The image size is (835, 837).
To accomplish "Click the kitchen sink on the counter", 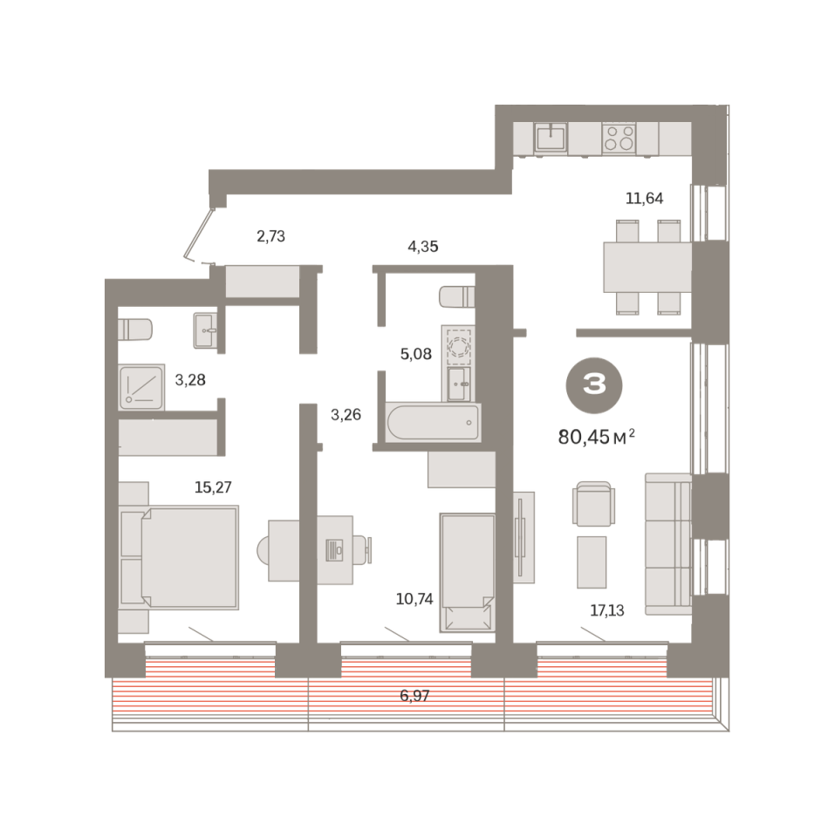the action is pyautogui.click(x=551, y=137).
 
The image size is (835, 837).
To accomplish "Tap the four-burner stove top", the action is pyautogui.click(x=619, y=137).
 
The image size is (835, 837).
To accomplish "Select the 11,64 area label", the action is pyautogui.click(x=644, y=198).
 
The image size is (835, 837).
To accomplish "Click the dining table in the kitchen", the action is pyautogui.click(x=647, y=267).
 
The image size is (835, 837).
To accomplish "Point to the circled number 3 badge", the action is pyautogui.click(x=594, y=384).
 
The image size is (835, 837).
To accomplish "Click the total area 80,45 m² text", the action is pyautogui.click(x=596, y=437).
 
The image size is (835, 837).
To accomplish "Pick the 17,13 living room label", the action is pyautogui.click(x=607, y=610).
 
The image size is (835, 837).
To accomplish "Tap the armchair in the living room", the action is pyautogui.click(x=593, y=503).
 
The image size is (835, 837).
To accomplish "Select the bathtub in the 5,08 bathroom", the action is pyautogui.click(x=433, y=422).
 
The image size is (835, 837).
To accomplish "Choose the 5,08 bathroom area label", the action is pyautogui.click(x=415, y=353).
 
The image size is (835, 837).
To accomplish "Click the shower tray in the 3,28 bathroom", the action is pyautogui.click(x=141, y=387).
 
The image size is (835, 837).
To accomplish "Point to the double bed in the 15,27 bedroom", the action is pyautogui.click(x=179, y=557).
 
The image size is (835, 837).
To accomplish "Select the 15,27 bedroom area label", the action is pyautogui.click(x=213, y=487).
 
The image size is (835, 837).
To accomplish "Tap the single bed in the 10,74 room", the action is pyautogui.click(x=467, y=572).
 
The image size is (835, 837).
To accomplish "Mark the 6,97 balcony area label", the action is pyautogui.click(x=414, y=696).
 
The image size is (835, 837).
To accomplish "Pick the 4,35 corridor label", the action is pyautogui.click(x=422, y=246).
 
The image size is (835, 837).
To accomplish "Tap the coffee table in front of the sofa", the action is pyautogui.click(x=592, y=562).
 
